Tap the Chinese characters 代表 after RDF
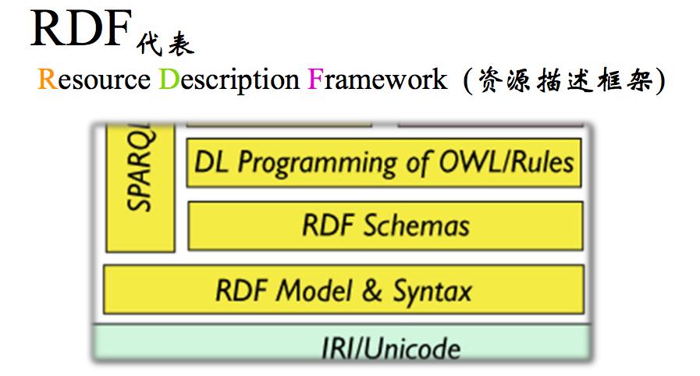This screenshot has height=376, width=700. click(163, 42)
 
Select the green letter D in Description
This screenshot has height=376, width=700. click(168, 80)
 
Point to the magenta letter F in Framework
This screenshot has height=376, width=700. click(314, 80)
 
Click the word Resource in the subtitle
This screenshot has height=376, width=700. click(94, 80)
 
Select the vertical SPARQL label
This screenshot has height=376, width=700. click(140, 176)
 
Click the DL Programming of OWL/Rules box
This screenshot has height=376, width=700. click(384, 162)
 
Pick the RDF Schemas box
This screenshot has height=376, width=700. click(386, 225)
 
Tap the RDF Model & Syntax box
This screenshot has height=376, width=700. click(343, 290)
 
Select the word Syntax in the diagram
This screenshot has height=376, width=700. click(432, 292)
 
